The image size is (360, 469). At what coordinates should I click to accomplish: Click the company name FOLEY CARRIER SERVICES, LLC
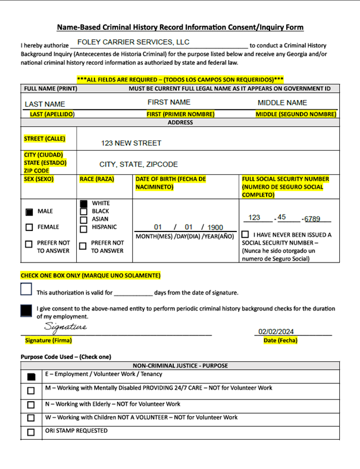pyautogui.click(x=133, y=42)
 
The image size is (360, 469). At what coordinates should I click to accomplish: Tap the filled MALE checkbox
pyautogui.click(x=29, y=212)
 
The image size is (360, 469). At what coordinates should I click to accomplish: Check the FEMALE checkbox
pyautogui.click(x=29, y=227)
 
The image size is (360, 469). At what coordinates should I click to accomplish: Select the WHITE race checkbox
pyautogui.click(x=83, y=204)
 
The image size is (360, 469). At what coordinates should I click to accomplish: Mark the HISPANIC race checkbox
pyautogui.click(x=83, y=227)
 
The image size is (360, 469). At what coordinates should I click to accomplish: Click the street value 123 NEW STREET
pyautogui.click(x=131, y=143)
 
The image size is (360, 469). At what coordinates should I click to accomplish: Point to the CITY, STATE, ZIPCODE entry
pyautogui.click(x=139, y=164)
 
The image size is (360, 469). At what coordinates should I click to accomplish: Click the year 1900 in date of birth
pyautogui.click(x=215, y=227)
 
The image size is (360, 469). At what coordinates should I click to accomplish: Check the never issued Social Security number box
pyautogui.click(x=245, y=235)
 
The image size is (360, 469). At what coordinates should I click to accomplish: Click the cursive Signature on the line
pyautogui.click(x=65, y=327)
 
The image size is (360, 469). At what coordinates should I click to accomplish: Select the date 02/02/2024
pyautogui.click(x=276, y=332)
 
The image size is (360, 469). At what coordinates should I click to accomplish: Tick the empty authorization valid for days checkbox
pyautogui.click(x=26, y=289)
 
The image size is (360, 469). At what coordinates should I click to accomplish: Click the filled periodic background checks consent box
pyautogui.click(x=26, y=311)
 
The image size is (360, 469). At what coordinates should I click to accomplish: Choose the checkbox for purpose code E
pyautogui.click(x=31, y=377)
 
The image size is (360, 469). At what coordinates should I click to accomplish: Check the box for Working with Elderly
pyautogui.click(x=31, y=405)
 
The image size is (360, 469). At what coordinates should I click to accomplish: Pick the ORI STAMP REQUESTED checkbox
pyautogui.click(x=31, y=432)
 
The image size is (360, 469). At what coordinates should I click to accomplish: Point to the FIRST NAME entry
pyautogui.click(x=169, y=102)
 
